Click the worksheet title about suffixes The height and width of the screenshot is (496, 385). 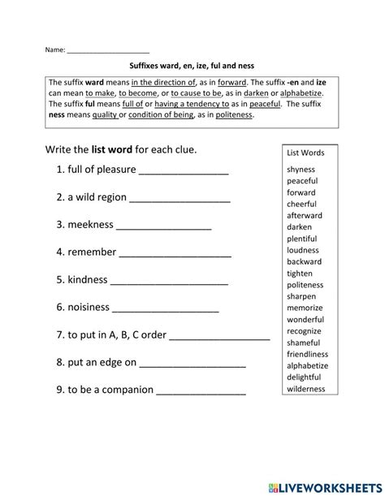(192, 69)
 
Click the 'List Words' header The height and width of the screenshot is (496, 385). (305, 153)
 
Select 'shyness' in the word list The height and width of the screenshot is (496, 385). (301, 169)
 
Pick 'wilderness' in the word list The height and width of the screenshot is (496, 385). (305, 389)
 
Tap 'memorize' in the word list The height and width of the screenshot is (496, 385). (305, 308)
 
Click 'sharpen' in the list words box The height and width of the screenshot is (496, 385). (302, 297)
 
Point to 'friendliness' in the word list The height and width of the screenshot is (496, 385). (308, 355)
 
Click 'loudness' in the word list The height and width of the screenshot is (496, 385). (303, 250)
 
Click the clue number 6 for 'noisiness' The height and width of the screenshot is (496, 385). (60, 308)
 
